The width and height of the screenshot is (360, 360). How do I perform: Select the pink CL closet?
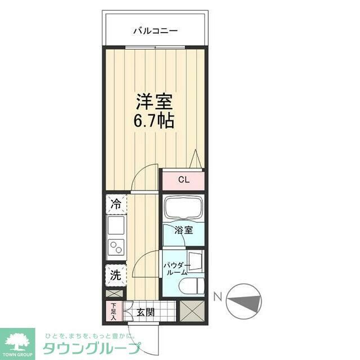tap(183, 180)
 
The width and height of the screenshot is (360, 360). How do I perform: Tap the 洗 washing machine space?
tap(115, 275)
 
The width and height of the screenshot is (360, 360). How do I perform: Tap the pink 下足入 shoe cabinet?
tap(113, 311)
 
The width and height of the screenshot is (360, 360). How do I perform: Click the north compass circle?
tap(244, 300)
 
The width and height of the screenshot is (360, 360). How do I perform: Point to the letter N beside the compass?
tap(217, 295)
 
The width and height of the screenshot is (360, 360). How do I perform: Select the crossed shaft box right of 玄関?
tap(192, 311)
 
